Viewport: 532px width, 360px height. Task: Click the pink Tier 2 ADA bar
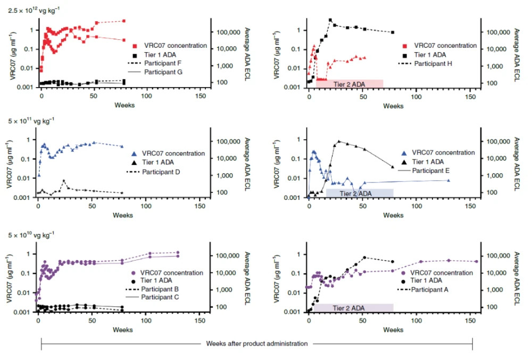(x=349, y=83)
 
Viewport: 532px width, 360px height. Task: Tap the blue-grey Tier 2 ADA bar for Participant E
(x=360, y=192)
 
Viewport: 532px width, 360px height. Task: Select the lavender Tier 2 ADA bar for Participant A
(x=353, y=307)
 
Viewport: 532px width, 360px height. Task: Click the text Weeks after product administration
(x=256, y=344)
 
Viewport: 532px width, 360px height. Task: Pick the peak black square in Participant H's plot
(x=330, y=20)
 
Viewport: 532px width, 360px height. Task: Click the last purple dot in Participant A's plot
(x=476, y=262)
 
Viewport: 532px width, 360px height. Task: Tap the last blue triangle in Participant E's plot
(x=448, y=180)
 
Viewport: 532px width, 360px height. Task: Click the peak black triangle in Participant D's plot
(x=64, y=181)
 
